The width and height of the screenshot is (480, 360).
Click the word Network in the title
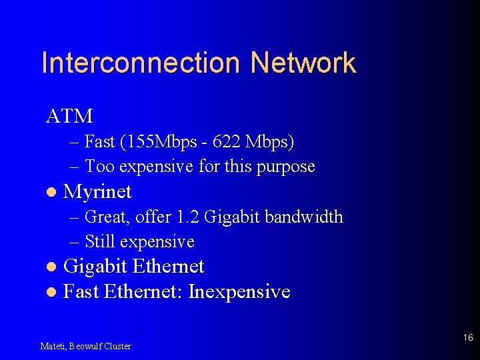pos(303,63)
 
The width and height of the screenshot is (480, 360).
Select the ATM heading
pos(69,116)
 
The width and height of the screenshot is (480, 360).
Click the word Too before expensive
pos(99,166)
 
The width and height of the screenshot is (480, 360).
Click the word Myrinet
pos(97,192)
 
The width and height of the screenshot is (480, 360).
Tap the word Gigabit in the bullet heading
pos(95,267)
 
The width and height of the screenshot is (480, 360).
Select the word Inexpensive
pos(239,291)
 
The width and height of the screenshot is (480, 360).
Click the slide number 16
pos(468,338)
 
